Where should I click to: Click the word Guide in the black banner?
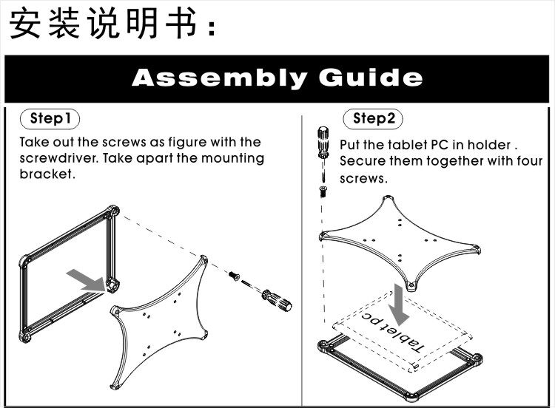pos(371,78)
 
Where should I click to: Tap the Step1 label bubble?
pos(50,118)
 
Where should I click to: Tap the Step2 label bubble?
pos(374,118)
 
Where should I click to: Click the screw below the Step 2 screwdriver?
pos(324,191)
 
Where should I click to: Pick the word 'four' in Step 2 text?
pos(527,161)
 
